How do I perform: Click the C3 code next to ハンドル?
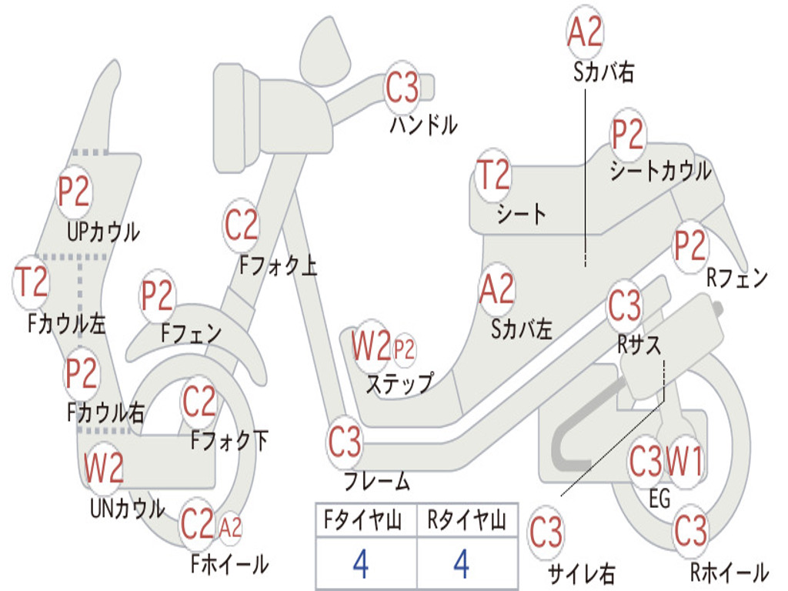pos(402,88)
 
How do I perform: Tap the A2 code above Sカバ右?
pos(585,32)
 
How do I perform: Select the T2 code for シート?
pos(493,175)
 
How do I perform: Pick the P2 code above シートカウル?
pos(628,135)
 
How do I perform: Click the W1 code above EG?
pos(684,462)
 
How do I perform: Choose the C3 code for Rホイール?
pos(690,530)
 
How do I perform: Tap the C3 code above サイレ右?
pos(546,533)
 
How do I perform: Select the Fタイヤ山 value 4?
pos(360,564)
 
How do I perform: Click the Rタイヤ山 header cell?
pos(466,522)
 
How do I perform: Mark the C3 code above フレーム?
pos(345,442)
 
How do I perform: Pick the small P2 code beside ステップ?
pos(404,350)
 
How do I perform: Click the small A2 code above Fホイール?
pos(230,528)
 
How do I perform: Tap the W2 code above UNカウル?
pos(104,469)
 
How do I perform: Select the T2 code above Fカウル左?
pos(32,282)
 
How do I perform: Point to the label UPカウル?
pos(103,231)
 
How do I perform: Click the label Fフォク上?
pos(278,266)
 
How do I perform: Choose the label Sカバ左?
pos(522,329)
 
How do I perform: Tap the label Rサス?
pos(639,346)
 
